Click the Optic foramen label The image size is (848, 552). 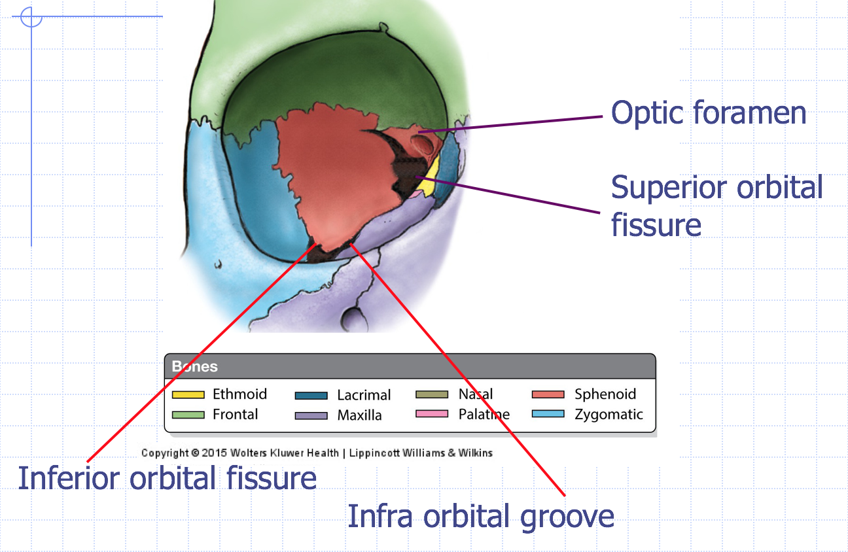pyautogui.click(x=709, y=113)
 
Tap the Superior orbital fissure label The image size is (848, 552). pyautogui.click(x=716, y=206)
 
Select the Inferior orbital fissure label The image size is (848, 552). pyautogui.click(x=168, y=478)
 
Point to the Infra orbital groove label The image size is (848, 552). pyautogui.click(x=481, y=516)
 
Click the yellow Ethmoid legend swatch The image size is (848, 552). pyautogui.click(x=188, y=394)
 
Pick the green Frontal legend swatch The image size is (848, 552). pyautogui.click(x=188, y=415)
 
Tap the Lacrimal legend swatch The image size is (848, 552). pyautogui.click(x=311, y=395)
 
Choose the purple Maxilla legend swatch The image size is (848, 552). pyautogui.click(x=311, y=415)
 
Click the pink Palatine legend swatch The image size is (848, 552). pyautogui.click(x=432, y=414)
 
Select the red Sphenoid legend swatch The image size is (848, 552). pyautogui.click(x=548, y=394)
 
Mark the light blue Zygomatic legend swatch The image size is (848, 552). pyautogui.click(x=548, y=414)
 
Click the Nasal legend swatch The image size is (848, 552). pyautogui.click(x=432, y=394)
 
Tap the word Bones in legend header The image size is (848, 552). pyautogui.click(x=195, y=366)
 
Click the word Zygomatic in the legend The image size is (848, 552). pyautogui.click(x=609, y=415)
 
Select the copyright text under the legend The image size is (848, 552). pyautogui.click(x=317, y=453)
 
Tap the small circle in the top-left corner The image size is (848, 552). pyautogui.click(x=31, y=16)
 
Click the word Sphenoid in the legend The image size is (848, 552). pyautogui.click(x=605, y=394)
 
